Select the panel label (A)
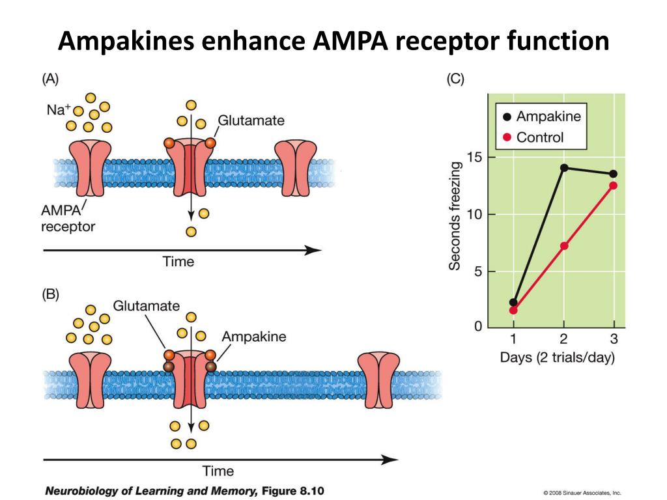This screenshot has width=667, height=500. (50, 79)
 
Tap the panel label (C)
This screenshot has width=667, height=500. (455, 79)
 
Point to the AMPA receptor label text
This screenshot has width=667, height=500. (68, 218)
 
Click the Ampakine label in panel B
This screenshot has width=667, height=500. (254, 337)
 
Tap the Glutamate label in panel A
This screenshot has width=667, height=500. (251, 120)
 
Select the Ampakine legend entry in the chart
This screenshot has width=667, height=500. (541, 117)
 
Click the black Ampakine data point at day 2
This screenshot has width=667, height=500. (564, 168)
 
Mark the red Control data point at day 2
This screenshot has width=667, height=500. (564, 245)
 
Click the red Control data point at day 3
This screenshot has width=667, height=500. (614, 186)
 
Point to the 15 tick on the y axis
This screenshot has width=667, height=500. (475, 158)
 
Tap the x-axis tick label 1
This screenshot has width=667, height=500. (513, 339)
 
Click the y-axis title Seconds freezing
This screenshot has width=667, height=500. (455, 216)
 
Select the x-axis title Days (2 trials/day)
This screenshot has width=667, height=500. (558, 357)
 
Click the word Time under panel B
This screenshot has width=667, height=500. (218, 471)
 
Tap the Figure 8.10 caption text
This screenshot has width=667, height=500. (292, 491)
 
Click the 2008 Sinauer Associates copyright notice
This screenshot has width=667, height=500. (582, 493)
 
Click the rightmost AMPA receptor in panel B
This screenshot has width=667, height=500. (378, 380)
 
